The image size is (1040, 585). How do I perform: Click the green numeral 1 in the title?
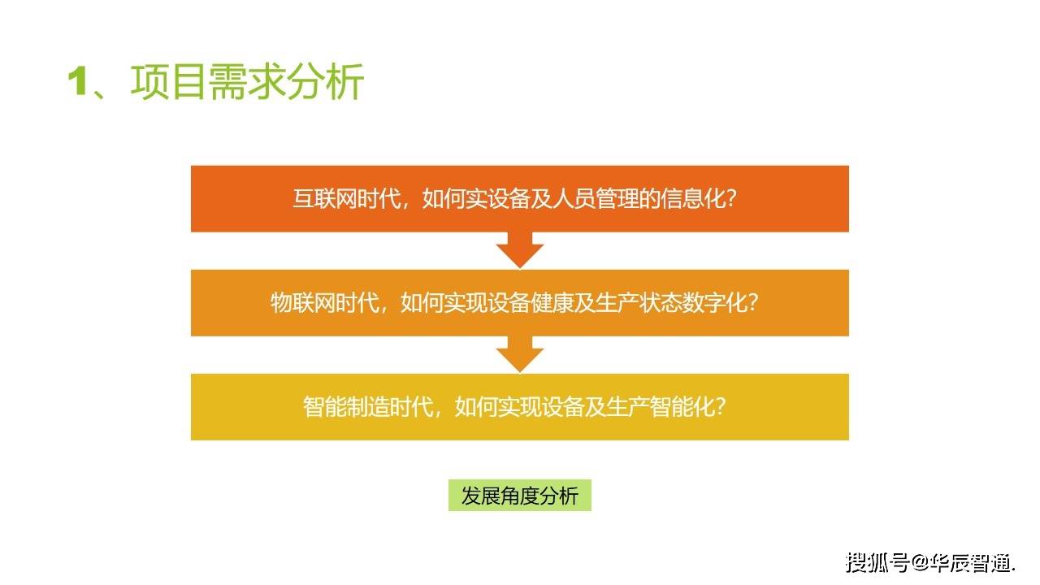[x=77, y=83]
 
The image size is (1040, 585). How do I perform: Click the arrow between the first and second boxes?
[x=520, y=251]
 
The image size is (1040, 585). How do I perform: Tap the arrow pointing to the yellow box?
[x=520, y=355]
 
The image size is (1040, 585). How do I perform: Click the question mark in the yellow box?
[x=719, y=407]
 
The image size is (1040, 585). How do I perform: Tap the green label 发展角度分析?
[x=520, y=496]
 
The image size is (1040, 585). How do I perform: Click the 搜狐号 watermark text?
[x=877, y=561]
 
